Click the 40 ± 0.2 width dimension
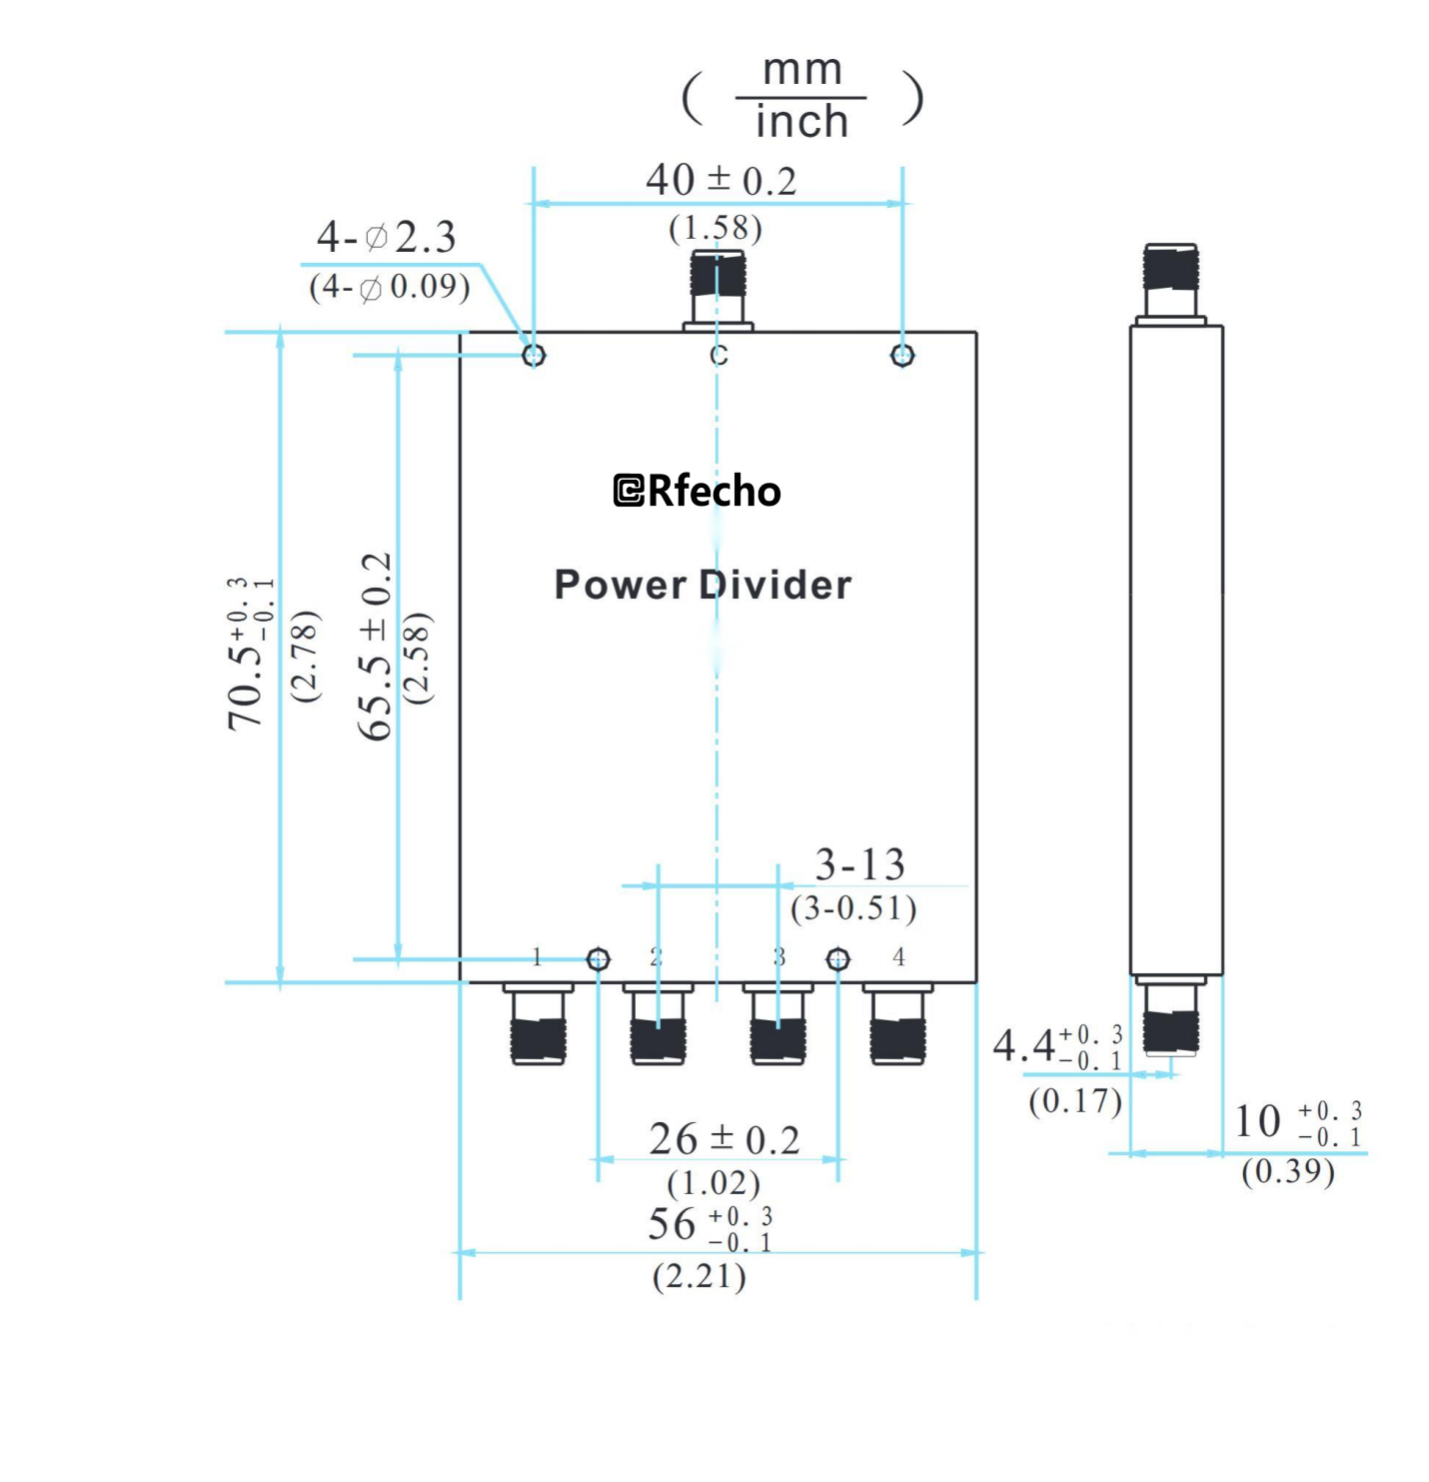720,181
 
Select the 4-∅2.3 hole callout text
386,238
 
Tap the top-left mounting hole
534,355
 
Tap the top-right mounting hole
902,355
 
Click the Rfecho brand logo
697,491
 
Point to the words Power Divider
703,585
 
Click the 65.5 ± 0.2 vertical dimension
376,647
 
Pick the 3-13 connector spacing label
859,864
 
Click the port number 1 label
537,957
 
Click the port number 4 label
898,957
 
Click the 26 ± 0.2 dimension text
723,1139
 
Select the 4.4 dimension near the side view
1056,1046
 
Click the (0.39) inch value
1287,1170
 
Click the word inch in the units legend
801,122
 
